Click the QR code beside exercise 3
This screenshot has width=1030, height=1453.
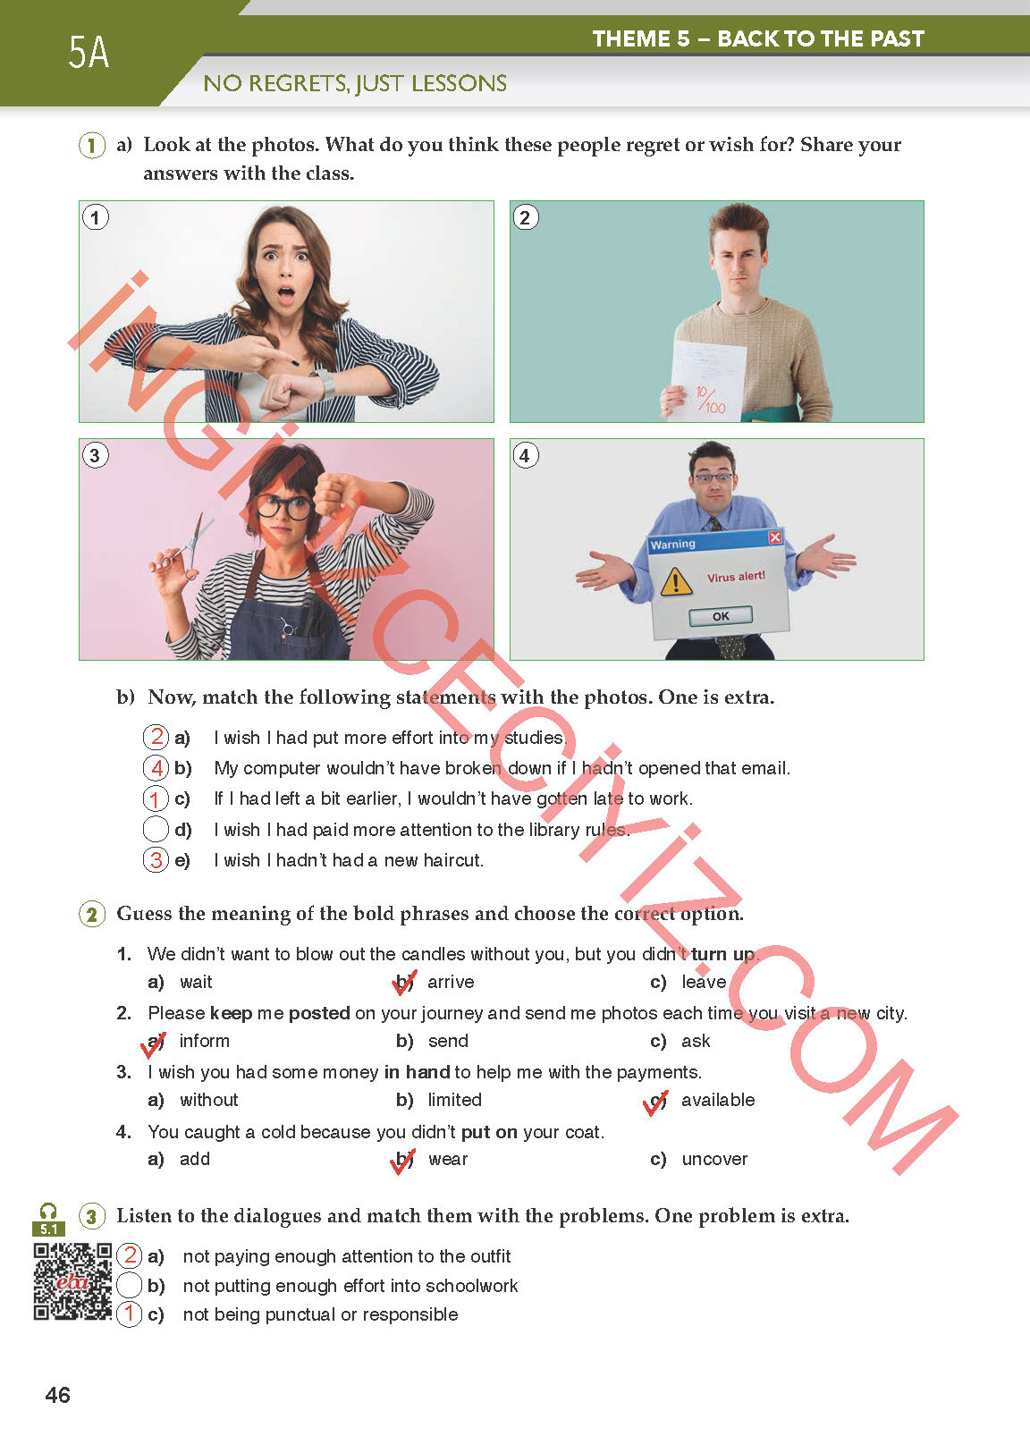pyautogui.click(x=72, y=1281)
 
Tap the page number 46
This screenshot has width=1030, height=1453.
pyautogui.click(x=57, y=1395)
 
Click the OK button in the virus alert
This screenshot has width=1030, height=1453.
pyautogui.click(x=720, y=616)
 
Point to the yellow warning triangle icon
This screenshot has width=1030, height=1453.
pyautogui.click(x=676, y=582)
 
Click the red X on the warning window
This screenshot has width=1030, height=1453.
pyautogui.click(x=775, y=537)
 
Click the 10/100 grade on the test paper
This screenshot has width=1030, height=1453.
pyautogui.click(x=711, y=399)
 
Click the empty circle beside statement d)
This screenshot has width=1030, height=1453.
pyautogui.click(x=156, y=830)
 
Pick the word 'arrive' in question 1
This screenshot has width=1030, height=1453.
pyautogui.click(x=451, y=982)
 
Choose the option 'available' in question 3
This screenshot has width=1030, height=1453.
pyautogui.click(x=718, y=1100)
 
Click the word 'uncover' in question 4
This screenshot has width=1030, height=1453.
pyautogui.click(x=714, y=1159)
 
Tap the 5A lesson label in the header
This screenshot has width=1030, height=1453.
pyautogui.click(x=89, y=53)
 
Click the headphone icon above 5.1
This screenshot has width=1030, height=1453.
pyautogui.click(x=48, y=1212)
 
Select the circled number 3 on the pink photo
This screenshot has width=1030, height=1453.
pyautogui.click(x=96, y=456)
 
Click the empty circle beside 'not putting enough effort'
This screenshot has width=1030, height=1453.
pyautogui.click(x=130, y=1285)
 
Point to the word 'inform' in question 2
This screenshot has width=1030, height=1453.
pyautogui.click(x=204, y=1041)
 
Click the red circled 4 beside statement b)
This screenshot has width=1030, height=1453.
pyautogui.click(x=156, y=768)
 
